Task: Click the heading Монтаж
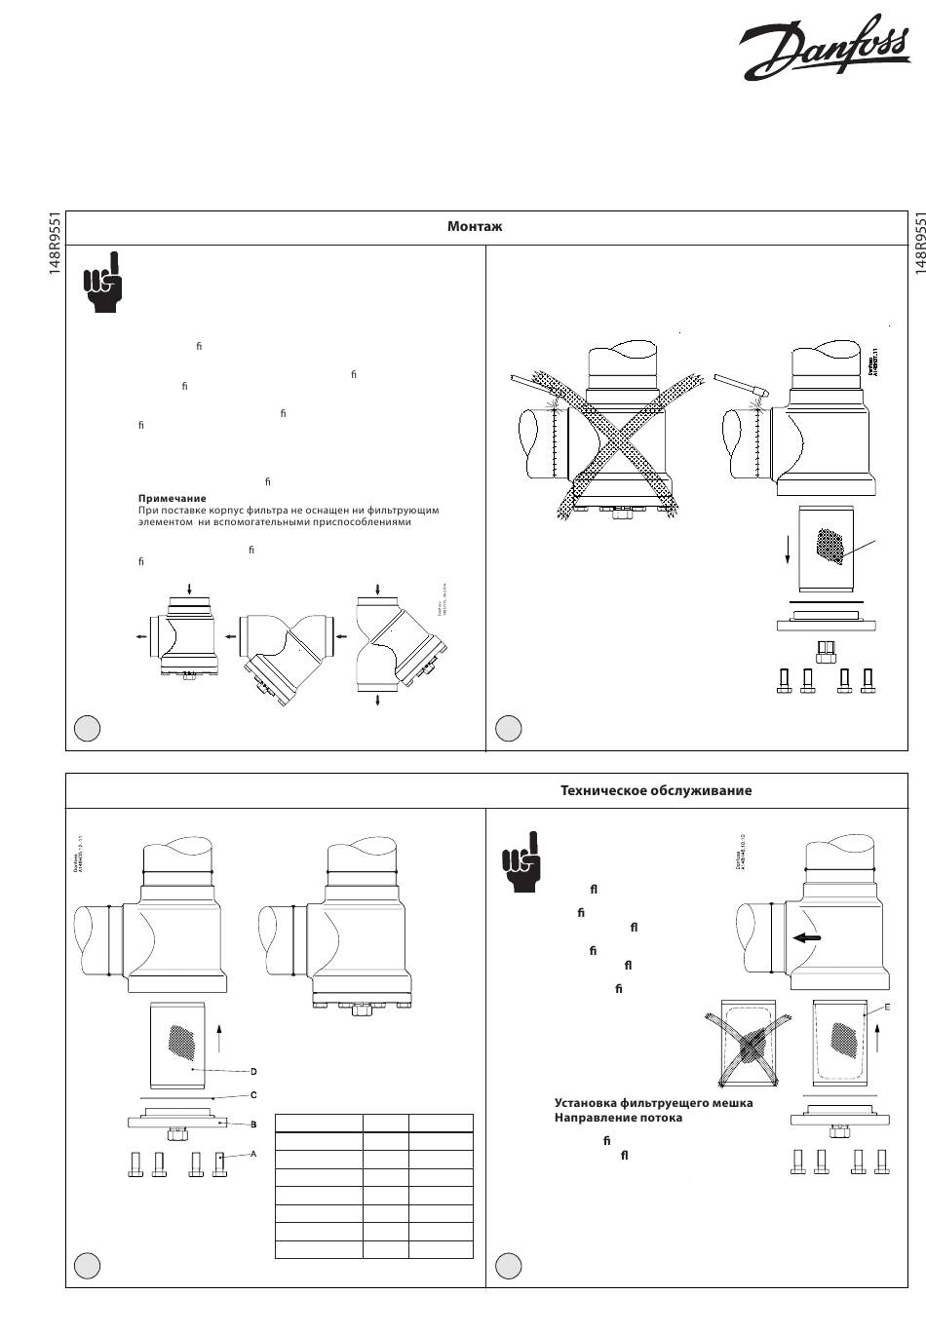click(475, 227)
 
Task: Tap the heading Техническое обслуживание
click(656, 790)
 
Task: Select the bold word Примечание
click(173, 498)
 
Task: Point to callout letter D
click(254, 1072)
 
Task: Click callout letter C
click(254, 1096)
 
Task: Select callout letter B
click(254, 1124)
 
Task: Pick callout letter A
click(253, 1154)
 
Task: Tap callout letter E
click(887, 1007)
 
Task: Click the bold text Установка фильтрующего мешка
click(653, 1103)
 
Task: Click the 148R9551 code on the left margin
click(56, 244)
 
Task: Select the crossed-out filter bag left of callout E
click(748, 1045)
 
